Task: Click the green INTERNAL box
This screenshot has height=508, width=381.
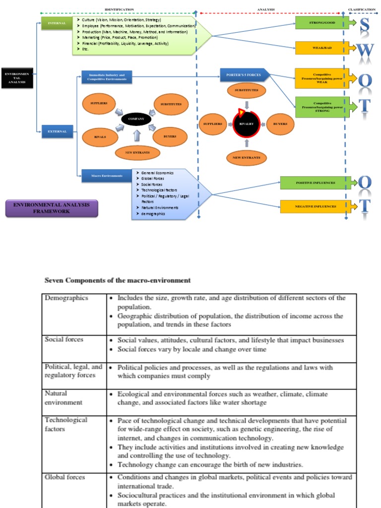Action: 57,23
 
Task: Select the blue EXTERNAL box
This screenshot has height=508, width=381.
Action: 57,131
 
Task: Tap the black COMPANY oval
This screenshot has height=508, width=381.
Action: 136,119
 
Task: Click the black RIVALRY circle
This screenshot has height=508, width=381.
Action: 247,124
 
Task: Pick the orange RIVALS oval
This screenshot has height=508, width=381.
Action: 100,136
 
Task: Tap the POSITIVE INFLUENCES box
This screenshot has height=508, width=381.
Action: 315,183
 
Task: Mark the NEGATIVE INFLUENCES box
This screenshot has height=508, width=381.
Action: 315,206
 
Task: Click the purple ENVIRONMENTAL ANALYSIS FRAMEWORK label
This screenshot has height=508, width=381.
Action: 52,208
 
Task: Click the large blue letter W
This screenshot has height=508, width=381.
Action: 365,50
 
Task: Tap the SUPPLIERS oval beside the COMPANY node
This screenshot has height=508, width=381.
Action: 99,104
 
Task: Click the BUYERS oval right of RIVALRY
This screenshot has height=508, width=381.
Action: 277,124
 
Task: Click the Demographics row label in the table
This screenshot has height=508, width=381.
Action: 66,298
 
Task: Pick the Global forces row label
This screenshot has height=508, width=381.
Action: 64,477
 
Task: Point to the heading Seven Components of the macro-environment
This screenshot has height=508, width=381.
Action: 118,280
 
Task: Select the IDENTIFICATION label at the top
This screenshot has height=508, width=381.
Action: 119,9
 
